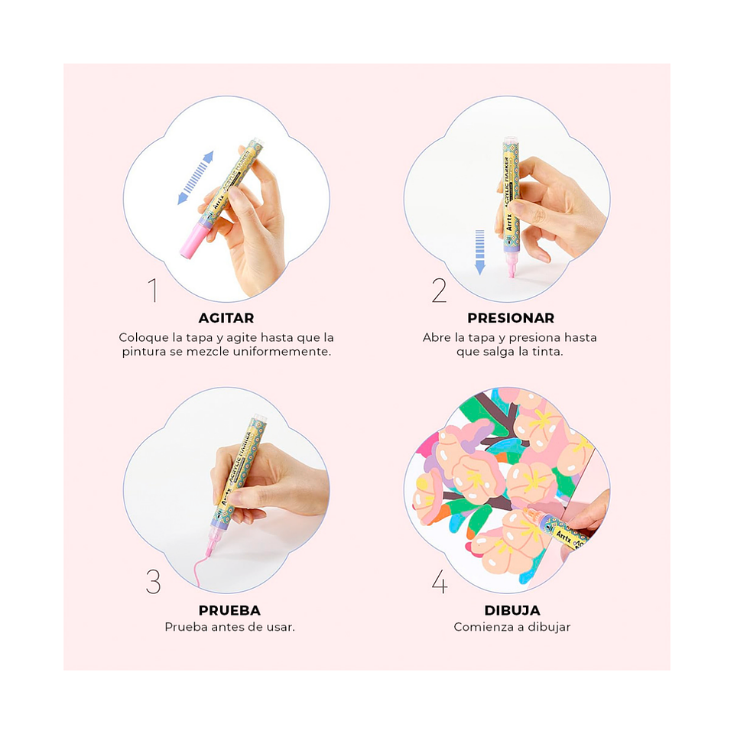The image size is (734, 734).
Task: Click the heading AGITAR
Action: coord(226,318)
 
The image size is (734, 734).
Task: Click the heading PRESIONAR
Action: coord(511,318)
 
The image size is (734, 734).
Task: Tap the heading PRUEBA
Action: coord(229,610)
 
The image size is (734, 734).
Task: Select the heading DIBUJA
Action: coord(512,610)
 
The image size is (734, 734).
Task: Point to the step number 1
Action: coord(153,291)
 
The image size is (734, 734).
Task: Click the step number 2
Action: coord(439,291)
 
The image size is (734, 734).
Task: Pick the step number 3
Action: coord(153,583)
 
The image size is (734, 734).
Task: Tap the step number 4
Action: coord(440,583)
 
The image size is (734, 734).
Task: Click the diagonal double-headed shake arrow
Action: coord(196,178)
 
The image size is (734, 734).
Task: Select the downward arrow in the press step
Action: coord(480,252)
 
